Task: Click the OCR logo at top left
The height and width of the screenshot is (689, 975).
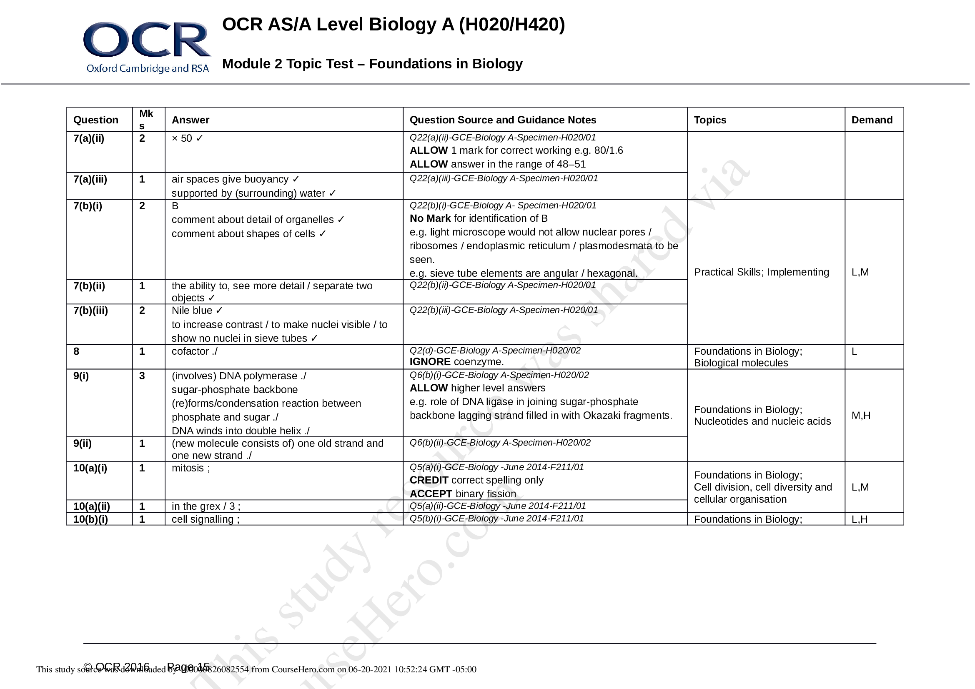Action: (147, 47)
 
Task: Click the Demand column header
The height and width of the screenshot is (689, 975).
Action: (871, 120)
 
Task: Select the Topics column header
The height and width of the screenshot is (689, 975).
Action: (709, 120)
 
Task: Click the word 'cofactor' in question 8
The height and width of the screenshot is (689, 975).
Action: (190, 351)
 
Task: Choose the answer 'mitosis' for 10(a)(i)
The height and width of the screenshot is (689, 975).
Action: (188, 468)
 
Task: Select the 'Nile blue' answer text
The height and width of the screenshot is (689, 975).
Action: (192, 311)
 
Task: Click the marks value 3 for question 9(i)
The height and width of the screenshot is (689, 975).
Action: (142, 376)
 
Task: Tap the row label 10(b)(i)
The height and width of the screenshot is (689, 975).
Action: (90, 519)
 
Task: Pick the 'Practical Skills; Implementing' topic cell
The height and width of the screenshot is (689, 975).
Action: (761, 272)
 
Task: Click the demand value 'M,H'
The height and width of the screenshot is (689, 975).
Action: (861, 416)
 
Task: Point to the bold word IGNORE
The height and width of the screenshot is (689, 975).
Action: (430, 362)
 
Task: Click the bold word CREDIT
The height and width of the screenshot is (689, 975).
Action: (429, 480)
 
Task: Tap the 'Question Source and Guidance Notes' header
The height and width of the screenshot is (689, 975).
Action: (502, 120)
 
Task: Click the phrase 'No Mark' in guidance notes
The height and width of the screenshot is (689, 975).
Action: (430, 219)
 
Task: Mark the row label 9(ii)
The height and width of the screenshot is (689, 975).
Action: (83, 443)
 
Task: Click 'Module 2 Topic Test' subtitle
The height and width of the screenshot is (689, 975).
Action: (288, 64)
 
